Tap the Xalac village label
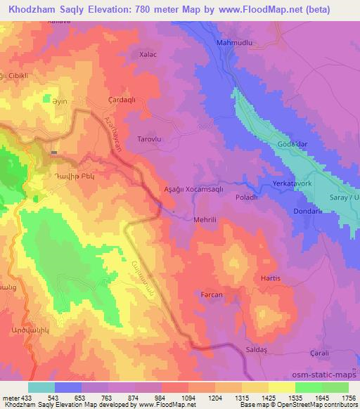(x=148, y=53)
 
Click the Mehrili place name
(x=209, y=219)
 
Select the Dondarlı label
(x=307, y=212)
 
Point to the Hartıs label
(x=270, y=278)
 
